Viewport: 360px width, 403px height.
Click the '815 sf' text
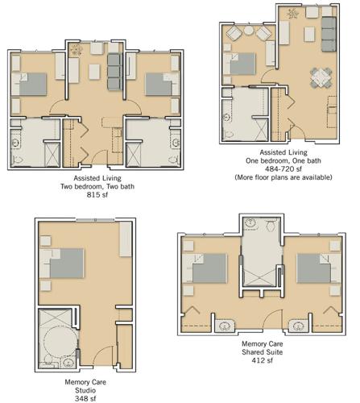point(97,195)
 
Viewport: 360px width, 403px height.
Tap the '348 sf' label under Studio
point(85,398)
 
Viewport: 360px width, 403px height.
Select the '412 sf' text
point(262,360)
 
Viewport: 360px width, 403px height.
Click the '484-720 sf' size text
point(283,169)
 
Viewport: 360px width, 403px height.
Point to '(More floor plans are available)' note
point(283,177)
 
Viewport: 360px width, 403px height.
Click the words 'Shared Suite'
point(262,352)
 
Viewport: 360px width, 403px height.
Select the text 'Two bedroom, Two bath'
point(97,186)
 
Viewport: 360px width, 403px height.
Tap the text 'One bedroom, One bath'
point(283,160)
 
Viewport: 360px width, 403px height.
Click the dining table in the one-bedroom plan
point(321,77)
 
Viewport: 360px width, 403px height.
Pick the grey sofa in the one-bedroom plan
point(329,34)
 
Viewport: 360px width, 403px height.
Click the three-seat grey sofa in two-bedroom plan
point(114,72)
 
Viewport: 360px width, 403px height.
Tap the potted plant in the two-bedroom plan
point(76,50)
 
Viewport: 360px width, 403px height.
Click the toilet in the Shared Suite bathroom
point(271,226)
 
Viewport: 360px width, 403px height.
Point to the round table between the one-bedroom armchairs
point(249,31)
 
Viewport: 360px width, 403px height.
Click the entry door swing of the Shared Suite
point(272,318)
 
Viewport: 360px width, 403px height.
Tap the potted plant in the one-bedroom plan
point(292,14)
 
